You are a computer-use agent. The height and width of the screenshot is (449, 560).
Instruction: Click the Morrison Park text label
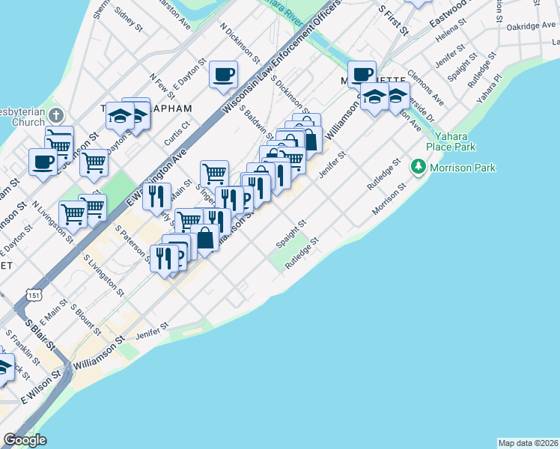[463, 168]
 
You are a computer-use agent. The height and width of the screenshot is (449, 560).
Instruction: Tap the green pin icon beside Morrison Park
[417, 167]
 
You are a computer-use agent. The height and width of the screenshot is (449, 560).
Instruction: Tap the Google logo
[25, 440]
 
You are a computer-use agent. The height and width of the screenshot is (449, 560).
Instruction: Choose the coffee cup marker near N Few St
[224, 75]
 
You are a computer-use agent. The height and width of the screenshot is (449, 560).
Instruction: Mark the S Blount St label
[85, 319]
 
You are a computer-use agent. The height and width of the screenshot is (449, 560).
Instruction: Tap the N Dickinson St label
[240, 43]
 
